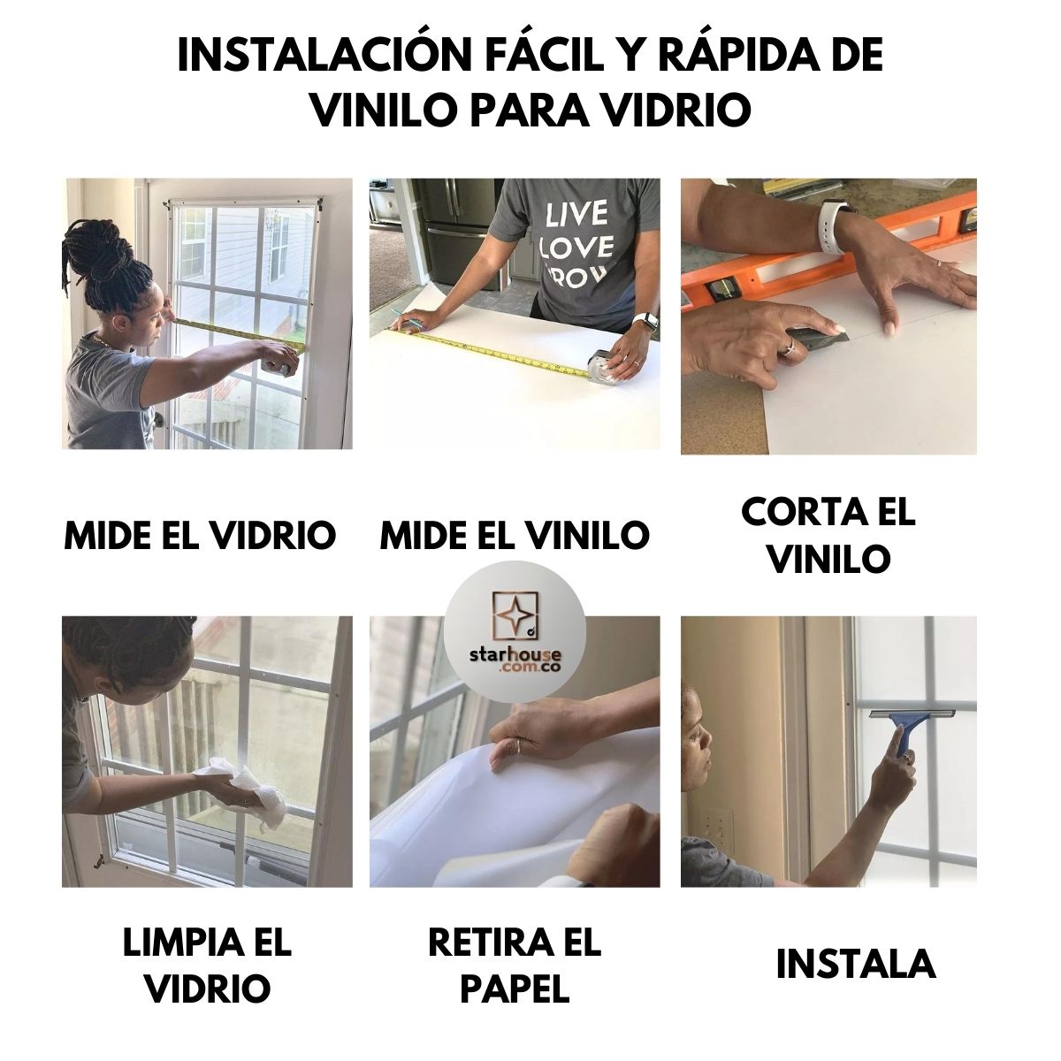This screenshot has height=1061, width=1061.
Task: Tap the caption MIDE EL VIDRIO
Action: pyautogui.click(x=200, y=535)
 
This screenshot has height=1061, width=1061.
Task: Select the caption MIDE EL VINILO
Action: pyautogui.click(x=515, y=535)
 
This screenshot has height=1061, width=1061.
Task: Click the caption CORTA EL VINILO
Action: pyautogui.click(x=828, y=535)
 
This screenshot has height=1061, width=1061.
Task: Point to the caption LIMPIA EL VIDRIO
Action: pyautogui.click(x=207, y=966)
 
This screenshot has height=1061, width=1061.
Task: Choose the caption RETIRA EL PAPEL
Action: pyautogui.click(x=515, y=966)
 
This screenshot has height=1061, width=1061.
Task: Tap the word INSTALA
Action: pyautogui.click(x=855, y=964)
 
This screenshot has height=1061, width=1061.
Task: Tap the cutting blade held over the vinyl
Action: pyautogui.click(x=822, y=334)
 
